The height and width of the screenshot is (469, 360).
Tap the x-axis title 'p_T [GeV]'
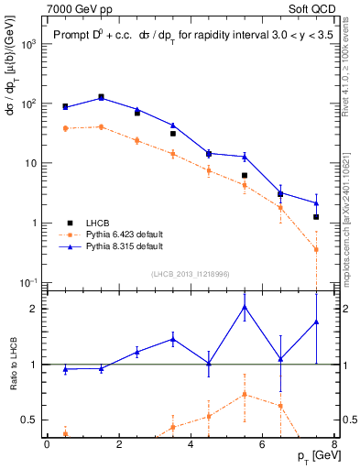pyautogui.click(x=312, y=455)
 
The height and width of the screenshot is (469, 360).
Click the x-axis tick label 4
pyautogui.click(x=191, y=444)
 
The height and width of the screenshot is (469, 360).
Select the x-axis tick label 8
pyautogui.click(x=334, y=444)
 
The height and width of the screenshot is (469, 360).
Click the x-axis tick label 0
pyautogui.click(x=47, y=444)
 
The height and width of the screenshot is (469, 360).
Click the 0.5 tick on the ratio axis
pyautogui.click(x=32, y=420)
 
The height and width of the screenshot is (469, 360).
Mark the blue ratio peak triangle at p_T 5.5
pyautogui.click(x=245, y=306)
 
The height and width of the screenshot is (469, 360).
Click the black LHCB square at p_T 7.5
pyautogui.click(x=316, y=217)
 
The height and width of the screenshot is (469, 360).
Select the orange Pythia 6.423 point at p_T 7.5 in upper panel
pyautogui.click(x=316, y=249)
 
